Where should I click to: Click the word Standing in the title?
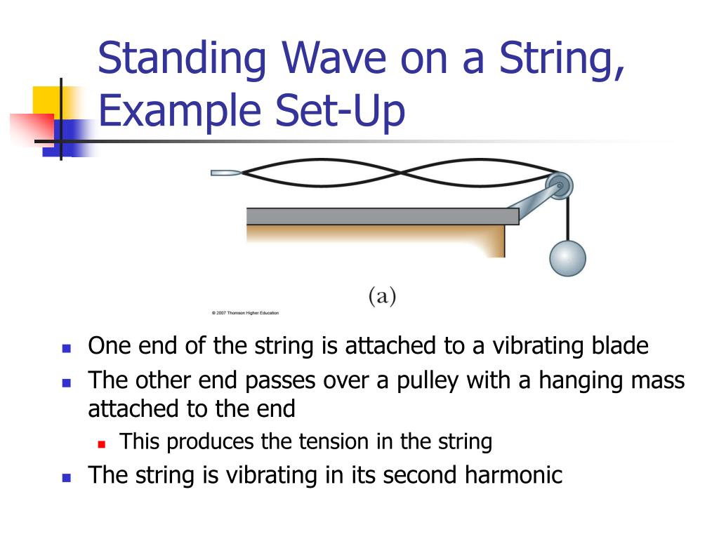tap(182, 60)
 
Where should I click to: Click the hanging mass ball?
tap(567, 258)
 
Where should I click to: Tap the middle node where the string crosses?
tap(400, 172)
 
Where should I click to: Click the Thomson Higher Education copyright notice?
tap(244, 313)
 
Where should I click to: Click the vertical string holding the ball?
tap(567, 218)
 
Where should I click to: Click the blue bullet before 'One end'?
tap(67, 347)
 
